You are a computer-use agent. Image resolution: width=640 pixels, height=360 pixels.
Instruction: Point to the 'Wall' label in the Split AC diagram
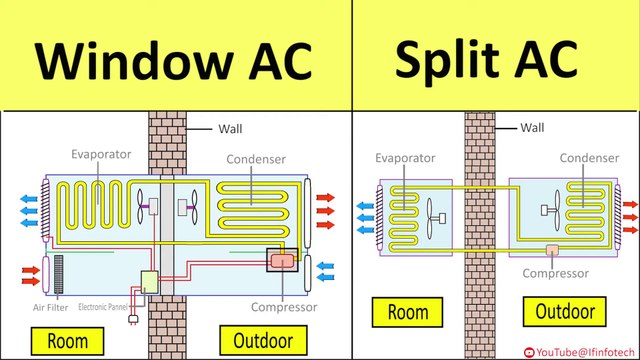tap(533, 127)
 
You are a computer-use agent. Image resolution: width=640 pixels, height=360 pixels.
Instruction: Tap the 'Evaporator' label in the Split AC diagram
tap(404, 157)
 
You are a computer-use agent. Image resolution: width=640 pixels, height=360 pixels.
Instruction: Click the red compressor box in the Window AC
tap(283, 260)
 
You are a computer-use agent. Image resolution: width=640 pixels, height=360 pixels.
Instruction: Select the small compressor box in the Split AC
tap(551, 250)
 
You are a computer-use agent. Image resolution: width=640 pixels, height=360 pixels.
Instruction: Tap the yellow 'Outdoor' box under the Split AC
tap(570, 312)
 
